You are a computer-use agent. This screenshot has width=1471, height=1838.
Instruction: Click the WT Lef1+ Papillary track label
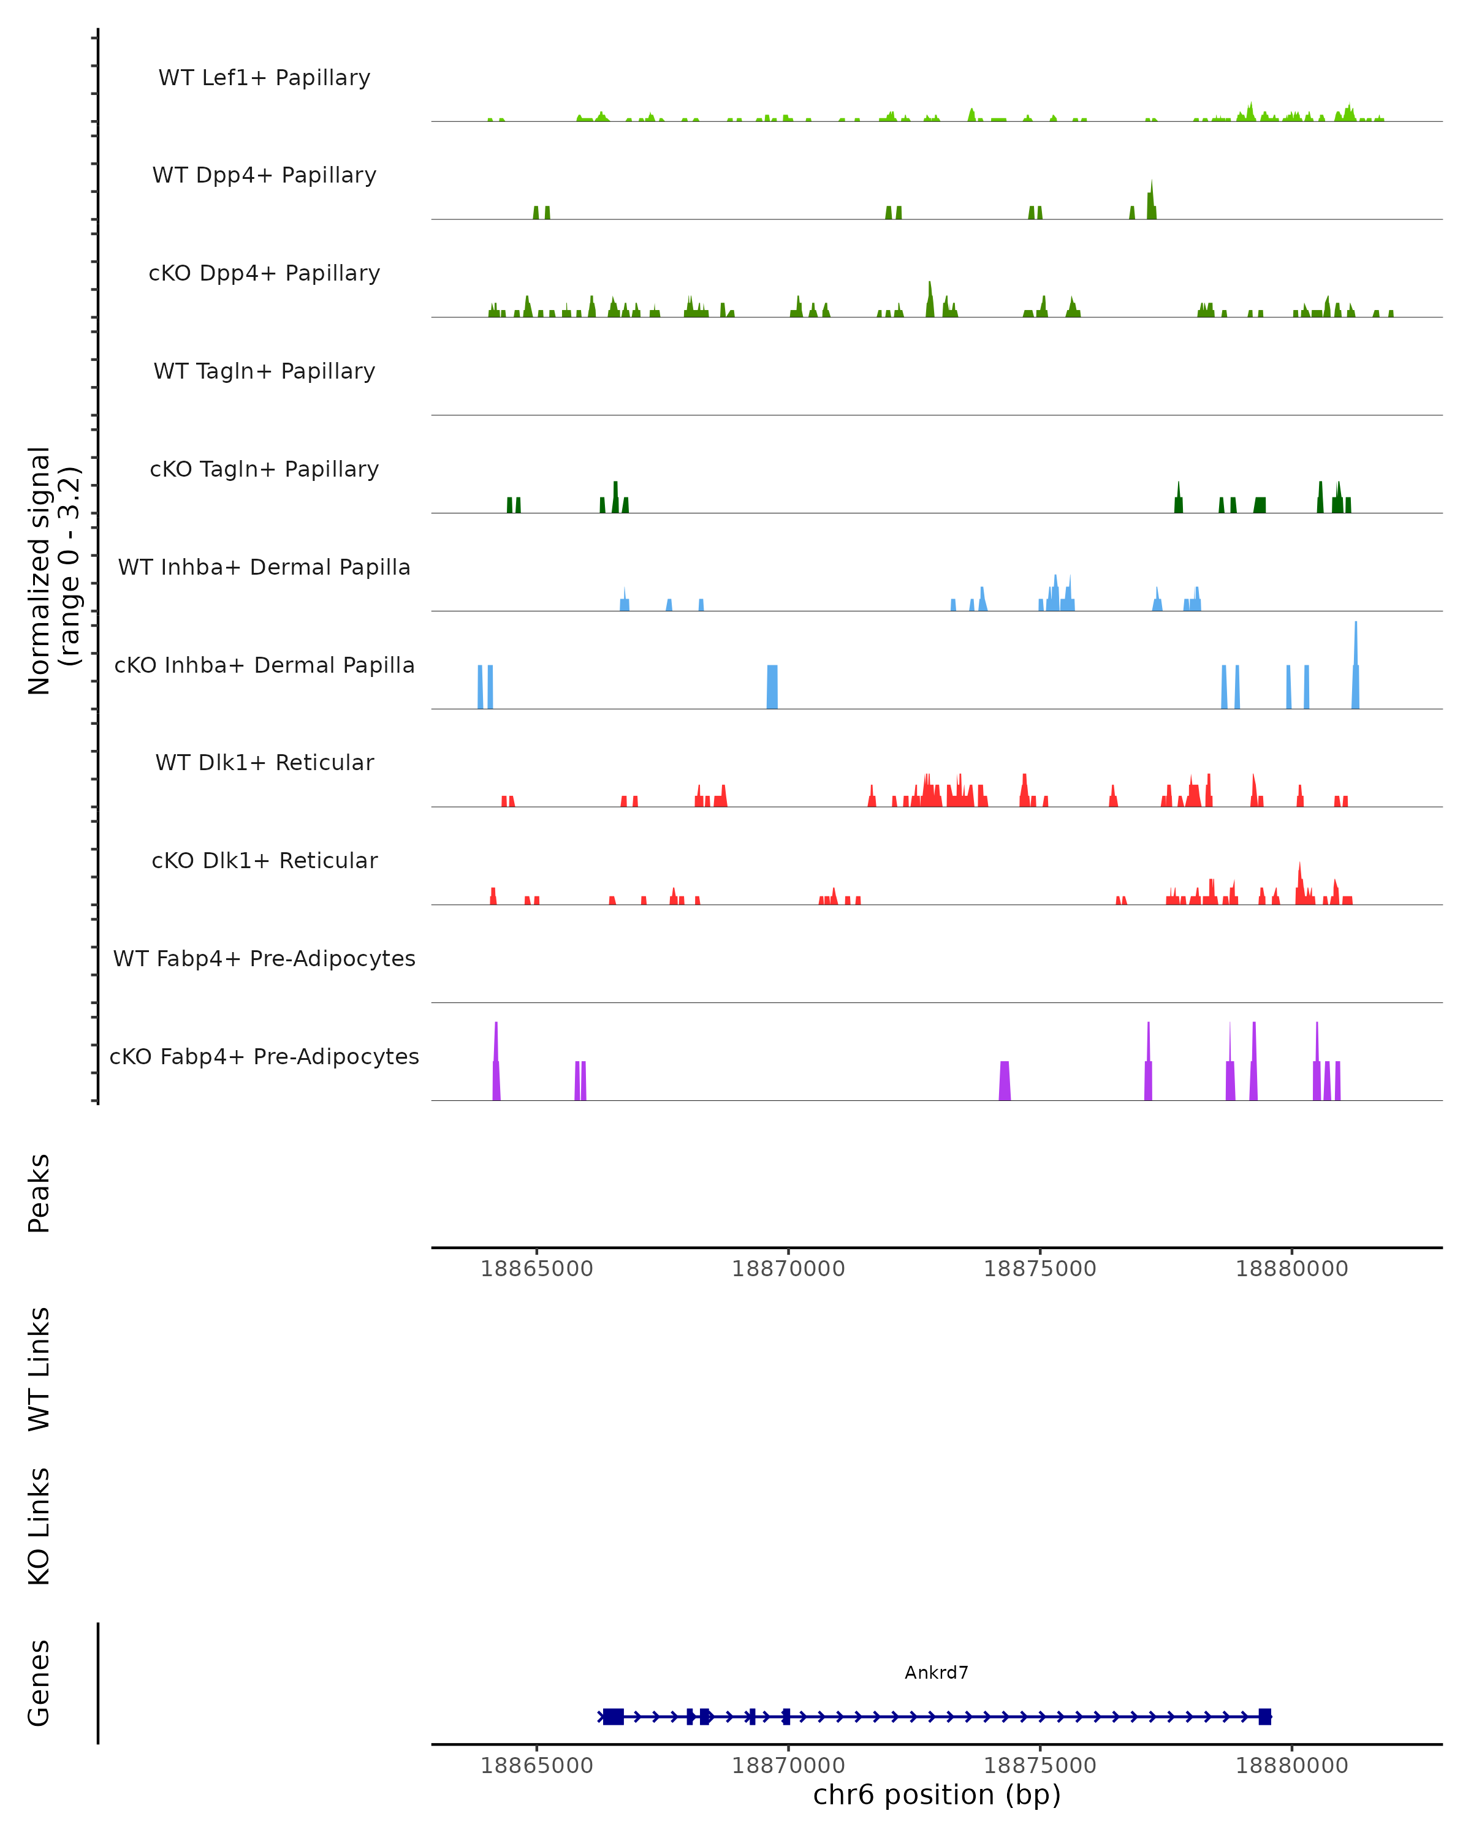(264, 78)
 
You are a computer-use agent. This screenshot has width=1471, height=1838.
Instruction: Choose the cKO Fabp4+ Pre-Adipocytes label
(264, 1056)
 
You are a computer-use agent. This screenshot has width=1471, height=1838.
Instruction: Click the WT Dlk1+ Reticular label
(264, 762)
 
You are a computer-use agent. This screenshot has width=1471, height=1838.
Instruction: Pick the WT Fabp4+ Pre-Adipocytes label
(264, 958)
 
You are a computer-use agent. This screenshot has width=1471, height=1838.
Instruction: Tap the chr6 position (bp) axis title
(937, 1795)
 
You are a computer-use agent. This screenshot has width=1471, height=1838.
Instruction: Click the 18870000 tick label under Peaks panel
(788, 1269)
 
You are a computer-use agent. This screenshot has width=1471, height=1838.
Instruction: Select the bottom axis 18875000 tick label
(1040, 1766)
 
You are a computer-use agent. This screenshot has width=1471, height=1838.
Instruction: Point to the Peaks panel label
(39, 1193)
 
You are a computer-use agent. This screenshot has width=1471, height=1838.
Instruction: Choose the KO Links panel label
(39, 1526)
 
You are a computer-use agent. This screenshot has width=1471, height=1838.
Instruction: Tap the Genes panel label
(39, 1683)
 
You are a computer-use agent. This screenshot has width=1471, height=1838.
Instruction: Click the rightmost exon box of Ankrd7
(1264, 1716)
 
